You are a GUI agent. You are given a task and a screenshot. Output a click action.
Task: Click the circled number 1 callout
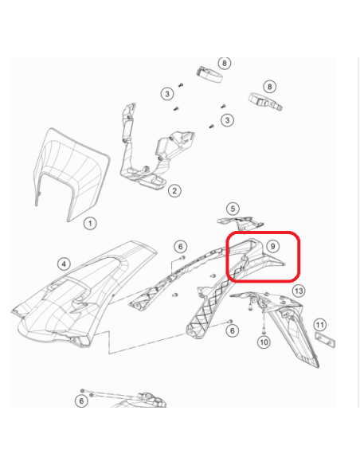pyautogui.click(x=90, y=224)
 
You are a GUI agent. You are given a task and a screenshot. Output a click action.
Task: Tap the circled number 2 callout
pyautogui.click(x=174, y=190)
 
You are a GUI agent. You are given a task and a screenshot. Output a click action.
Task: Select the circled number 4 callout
pyautogui.click(x=64, y=263)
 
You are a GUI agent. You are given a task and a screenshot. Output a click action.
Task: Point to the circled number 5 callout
pyautogui.click(x=233, y=209)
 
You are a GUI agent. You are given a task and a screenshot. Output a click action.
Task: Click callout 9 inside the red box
pyautogui.click(x=272, y=247)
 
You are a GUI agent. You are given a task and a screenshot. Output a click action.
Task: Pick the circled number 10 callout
pyautogui.click(x=264, y=342)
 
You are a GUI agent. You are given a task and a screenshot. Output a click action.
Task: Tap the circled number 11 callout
pyautogui.click(x=319, y=325)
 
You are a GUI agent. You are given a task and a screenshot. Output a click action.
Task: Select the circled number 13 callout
pyautogui.click(x=299, y=291)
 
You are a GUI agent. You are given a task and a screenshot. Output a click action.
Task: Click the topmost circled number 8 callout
pyautogui.click(x=225, y=63)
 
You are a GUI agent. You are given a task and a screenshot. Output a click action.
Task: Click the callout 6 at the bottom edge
pyautogui.click(x=81, y=401)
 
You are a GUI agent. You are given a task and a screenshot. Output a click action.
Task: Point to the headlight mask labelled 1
pyautogui.click(x=74, y=167)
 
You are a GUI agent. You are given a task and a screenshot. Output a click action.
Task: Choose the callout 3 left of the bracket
pyautogui.click(x=167, y=94)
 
